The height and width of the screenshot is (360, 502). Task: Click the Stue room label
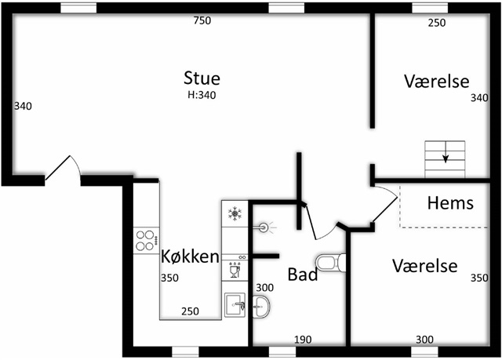tap(202, 78)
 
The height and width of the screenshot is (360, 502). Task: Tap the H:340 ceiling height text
tap(202, 95)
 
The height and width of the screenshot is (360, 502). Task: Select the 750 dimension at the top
tap(202, 20)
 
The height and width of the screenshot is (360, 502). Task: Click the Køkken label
tap(190, 256)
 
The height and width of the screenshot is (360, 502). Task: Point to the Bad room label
tap(303, 275)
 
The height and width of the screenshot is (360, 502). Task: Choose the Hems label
tap(450, 203)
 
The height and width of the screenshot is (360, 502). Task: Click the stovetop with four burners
tap(147, 241)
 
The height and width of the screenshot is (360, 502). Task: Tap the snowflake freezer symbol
tap(235, 214)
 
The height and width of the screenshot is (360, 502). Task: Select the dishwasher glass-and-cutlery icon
tap(235, 270)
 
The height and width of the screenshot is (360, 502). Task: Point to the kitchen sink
tap(235, 304)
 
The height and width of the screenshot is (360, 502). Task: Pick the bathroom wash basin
tap(261, 307)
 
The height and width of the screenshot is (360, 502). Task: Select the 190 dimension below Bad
tap(303, 340)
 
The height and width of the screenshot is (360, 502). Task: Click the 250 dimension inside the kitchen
tap(190, 311)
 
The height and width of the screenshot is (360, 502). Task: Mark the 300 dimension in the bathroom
tap(265, 288)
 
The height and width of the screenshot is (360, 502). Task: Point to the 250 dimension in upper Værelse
tap(437, 23)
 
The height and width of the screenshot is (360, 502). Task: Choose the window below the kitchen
tap(185, 351)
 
